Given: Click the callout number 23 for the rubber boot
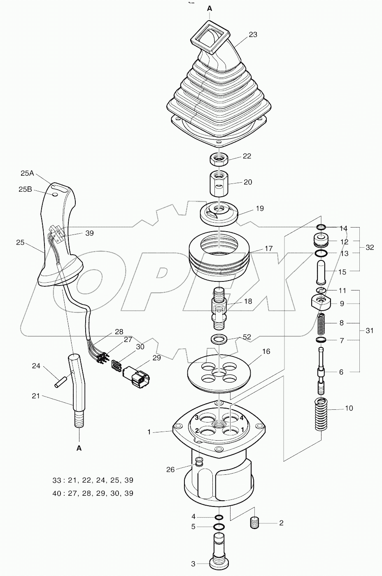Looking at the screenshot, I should point(253,35).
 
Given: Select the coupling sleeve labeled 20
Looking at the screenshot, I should point(219,183).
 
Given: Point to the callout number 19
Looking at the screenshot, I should point(259,208).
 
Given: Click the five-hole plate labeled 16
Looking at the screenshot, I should point(219,372).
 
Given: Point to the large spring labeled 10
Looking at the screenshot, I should point(321,415).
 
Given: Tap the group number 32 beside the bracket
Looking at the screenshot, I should point(370,247).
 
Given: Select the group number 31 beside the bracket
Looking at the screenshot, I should point(370,330).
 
